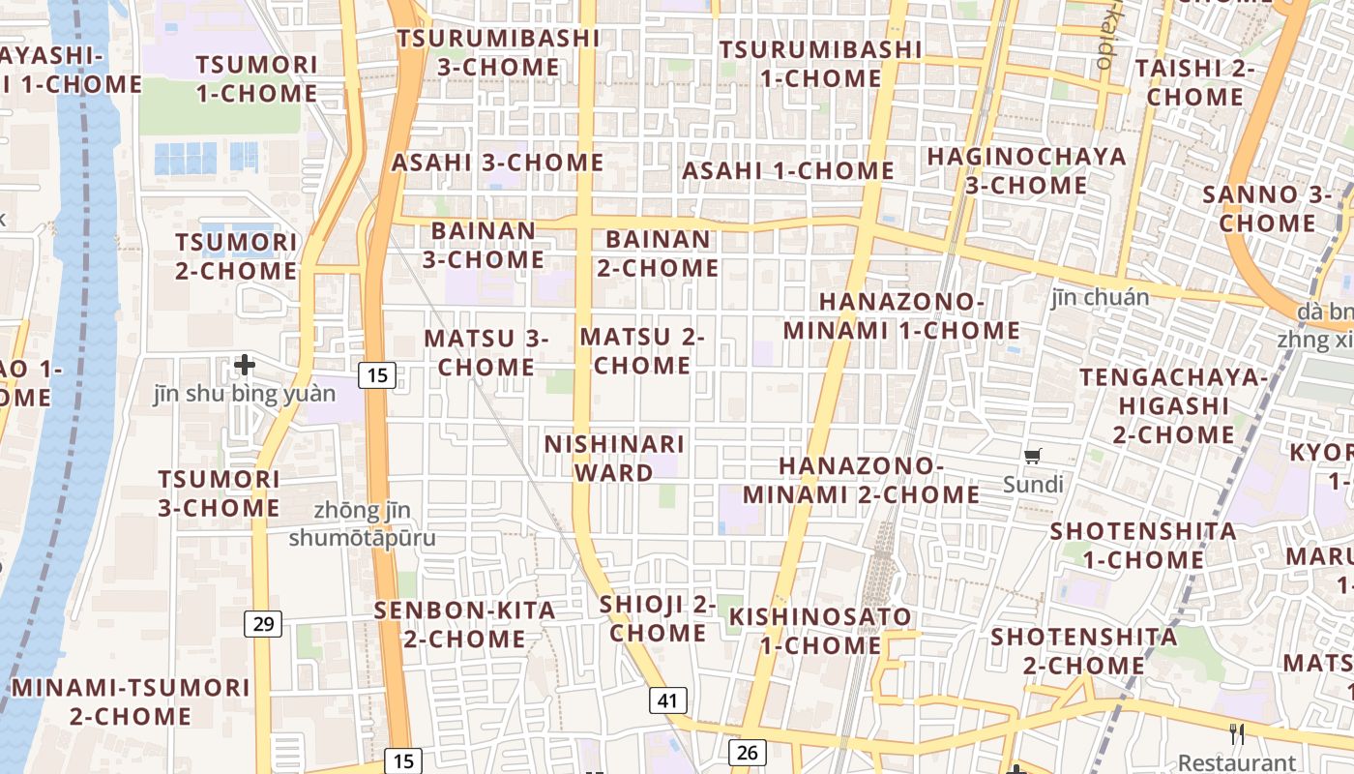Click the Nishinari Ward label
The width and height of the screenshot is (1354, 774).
point(614,459)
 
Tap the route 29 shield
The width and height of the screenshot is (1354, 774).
point(263,624)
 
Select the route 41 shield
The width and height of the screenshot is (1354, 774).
point(667,700)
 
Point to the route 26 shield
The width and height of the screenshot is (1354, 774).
point(748,752)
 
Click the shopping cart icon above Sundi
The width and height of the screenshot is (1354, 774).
point(1033,456)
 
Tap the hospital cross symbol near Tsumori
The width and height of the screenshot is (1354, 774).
point(245,365)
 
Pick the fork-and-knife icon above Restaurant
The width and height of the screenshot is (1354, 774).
point(1236,734)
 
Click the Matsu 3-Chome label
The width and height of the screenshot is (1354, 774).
point(486,353)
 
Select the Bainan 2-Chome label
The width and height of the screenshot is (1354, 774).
point(658,253)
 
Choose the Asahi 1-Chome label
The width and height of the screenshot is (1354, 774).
point(788,171)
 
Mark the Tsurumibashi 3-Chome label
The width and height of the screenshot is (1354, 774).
point(498,52)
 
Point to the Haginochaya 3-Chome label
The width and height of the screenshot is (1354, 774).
point(1026,170)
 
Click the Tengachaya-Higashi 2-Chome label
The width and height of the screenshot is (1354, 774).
point(1172,405)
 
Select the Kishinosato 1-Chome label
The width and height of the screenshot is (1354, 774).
point(819,631)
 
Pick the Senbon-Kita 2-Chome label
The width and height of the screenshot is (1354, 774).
point(464,625)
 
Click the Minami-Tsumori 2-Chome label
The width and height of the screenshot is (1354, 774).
point(131,702)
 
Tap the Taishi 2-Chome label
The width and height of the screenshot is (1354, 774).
point(1194,82)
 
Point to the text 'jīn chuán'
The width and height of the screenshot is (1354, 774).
point(1101,297)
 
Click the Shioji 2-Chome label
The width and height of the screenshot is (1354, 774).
point(658,619)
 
